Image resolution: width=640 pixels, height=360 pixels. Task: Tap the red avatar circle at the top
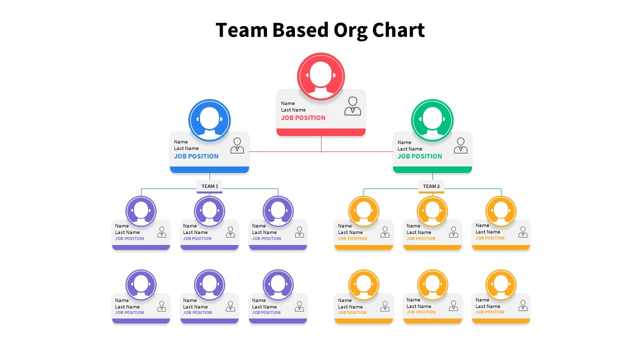[321, 76]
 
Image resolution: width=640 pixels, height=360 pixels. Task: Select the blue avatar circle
[209, 120]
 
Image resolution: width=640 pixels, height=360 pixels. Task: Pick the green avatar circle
[432, 120]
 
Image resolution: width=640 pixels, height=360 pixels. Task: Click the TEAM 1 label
[209, 186]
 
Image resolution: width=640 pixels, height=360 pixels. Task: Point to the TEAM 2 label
[431, 186]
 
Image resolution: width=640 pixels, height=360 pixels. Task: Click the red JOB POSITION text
[303, 118]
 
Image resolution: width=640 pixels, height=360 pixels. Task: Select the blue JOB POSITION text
[196, 156]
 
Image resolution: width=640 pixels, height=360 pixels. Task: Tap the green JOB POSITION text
[419, 156]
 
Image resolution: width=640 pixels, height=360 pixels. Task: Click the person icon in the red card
[352, 106]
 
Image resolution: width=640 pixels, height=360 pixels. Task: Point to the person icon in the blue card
[237, 145]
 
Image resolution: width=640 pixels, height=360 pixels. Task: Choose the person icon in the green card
[460, 145]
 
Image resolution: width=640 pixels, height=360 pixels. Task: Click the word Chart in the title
[398, 30]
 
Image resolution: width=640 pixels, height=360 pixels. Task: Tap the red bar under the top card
[321, 132]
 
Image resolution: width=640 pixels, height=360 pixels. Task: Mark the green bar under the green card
[432, 170]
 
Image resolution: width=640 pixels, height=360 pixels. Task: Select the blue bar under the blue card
[209, 170]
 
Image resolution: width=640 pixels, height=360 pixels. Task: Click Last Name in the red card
[293, 110]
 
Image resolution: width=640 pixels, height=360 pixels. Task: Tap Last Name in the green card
[409, 149]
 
